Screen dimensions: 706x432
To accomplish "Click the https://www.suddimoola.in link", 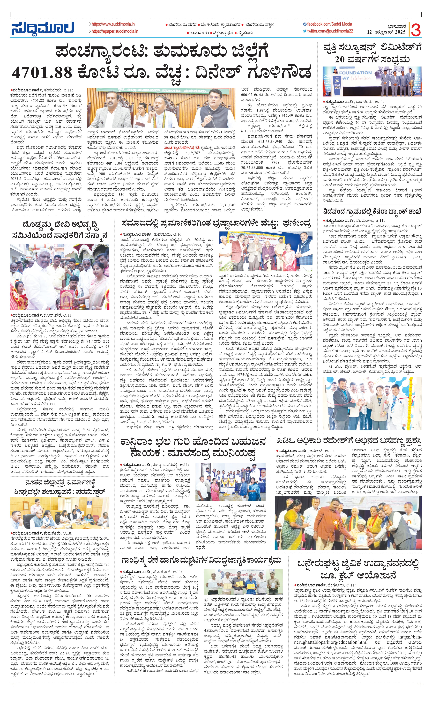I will point(113,24).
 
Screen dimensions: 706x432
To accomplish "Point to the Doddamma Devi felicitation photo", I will point(60,276).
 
